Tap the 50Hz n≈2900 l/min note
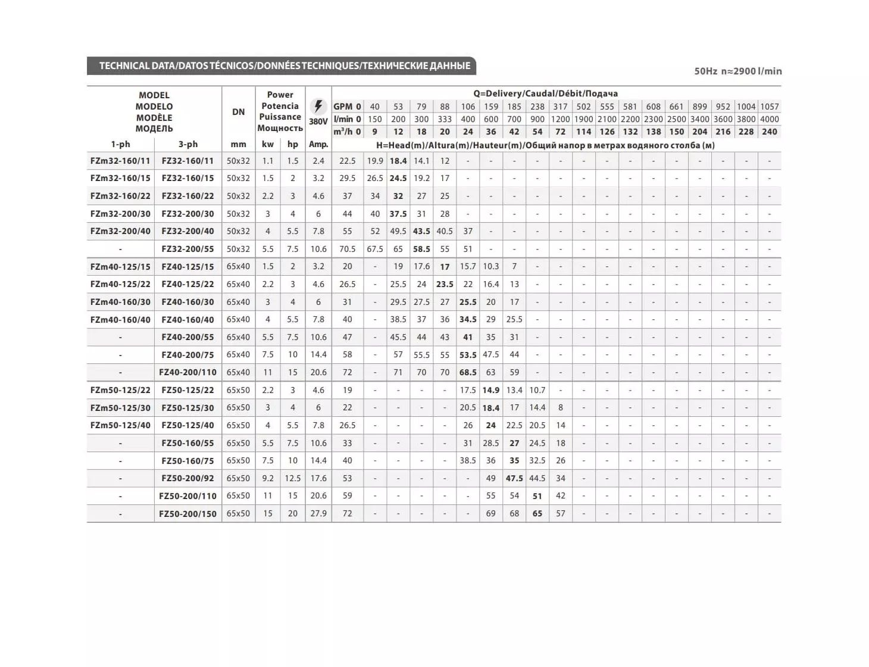click(737, 71)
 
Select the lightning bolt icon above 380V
click(318, 106)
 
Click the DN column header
click(238, 111)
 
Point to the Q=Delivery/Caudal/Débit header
click(545, 93)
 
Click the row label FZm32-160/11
click(120, 161)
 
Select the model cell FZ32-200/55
click(187, 249)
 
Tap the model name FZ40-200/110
click(187, 372)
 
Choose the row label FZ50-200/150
click(187, 513)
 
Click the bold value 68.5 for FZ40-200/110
click(468, 372)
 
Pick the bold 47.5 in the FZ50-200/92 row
click(514, 478)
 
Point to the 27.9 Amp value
click(318, 513)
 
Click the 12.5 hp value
click(292, 478)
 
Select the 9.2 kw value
click(268, 478)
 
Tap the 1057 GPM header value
click(769, 107)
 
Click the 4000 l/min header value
click(769, 119)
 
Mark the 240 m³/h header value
click(769, 132)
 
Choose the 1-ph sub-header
click(120, 144)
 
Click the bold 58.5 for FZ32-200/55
click(421, 249)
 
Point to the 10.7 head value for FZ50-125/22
click(537, 390)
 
